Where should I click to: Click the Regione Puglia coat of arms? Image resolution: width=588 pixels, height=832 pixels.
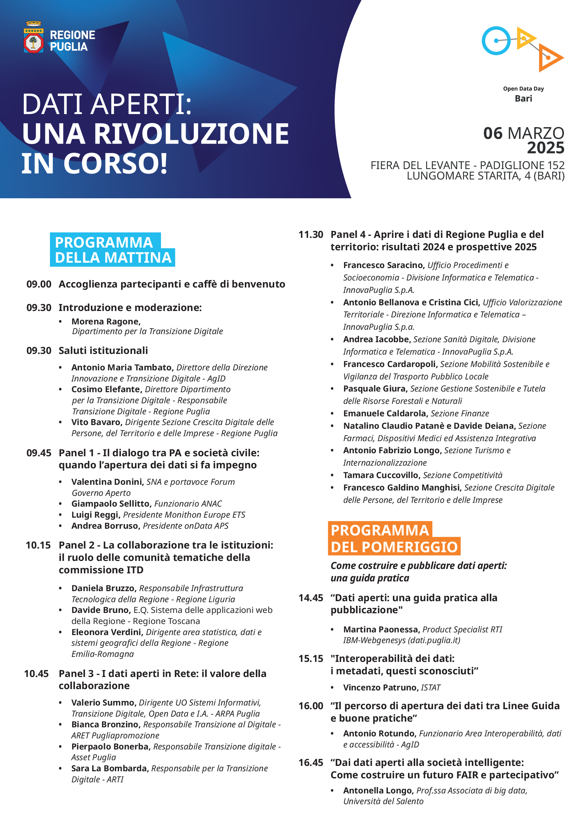point(34,38)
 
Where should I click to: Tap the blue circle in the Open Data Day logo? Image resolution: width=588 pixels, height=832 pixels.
point(496,41)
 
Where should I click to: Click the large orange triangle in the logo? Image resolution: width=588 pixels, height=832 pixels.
point(550,58)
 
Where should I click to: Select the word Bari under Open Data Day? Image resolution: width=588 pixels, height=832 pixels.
point(523,99)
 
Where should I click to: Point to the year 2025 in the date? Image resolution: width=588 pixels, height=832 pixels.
point(545,148)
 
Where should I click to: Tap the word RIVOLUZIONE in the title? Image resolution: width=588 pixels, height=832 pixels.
point(191,134)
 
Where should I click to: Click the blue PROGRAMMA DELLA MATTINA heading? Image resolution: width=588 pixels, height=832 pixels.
point(112,250)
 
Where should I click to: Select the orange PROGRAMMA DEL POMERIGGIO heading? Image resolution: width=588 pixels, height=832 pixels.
point(394,538)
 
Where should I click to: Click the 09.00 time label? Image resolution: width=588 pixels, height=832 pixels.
point(39,284)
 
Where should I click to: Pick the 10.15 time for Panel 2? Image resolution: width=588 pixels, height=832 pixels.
point(38,545)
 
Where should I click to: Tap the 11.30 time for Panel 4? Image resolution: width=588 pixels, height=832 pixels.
point(311,235)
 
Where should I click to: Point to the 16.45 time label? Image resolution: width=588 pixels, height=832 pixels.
point(311,763)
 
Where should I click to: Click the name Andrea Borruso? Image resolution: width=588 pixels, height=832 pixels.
point(105,526)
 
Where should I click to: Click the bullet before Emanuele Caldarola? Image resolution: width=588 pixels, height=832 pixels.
point(332,414)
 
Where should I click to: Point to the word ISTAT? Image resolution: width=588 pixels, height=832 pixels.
point(430,688)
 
